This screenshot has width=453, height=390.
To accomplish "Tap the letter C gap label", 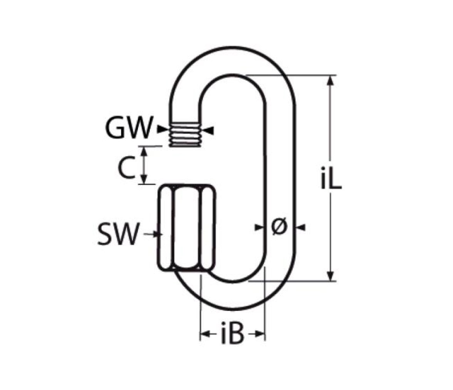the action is (126, 167).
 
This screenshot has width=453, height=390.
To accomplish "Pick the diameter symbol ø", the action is (279, 227).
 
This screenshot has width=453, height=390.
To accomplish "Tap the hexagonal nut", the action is (187, 227).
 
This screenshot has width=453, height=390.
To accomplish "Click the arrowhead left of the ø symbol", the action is (258, 228).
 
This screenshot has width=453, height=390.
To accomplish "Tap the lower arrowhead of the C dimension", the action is (144, 179).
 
